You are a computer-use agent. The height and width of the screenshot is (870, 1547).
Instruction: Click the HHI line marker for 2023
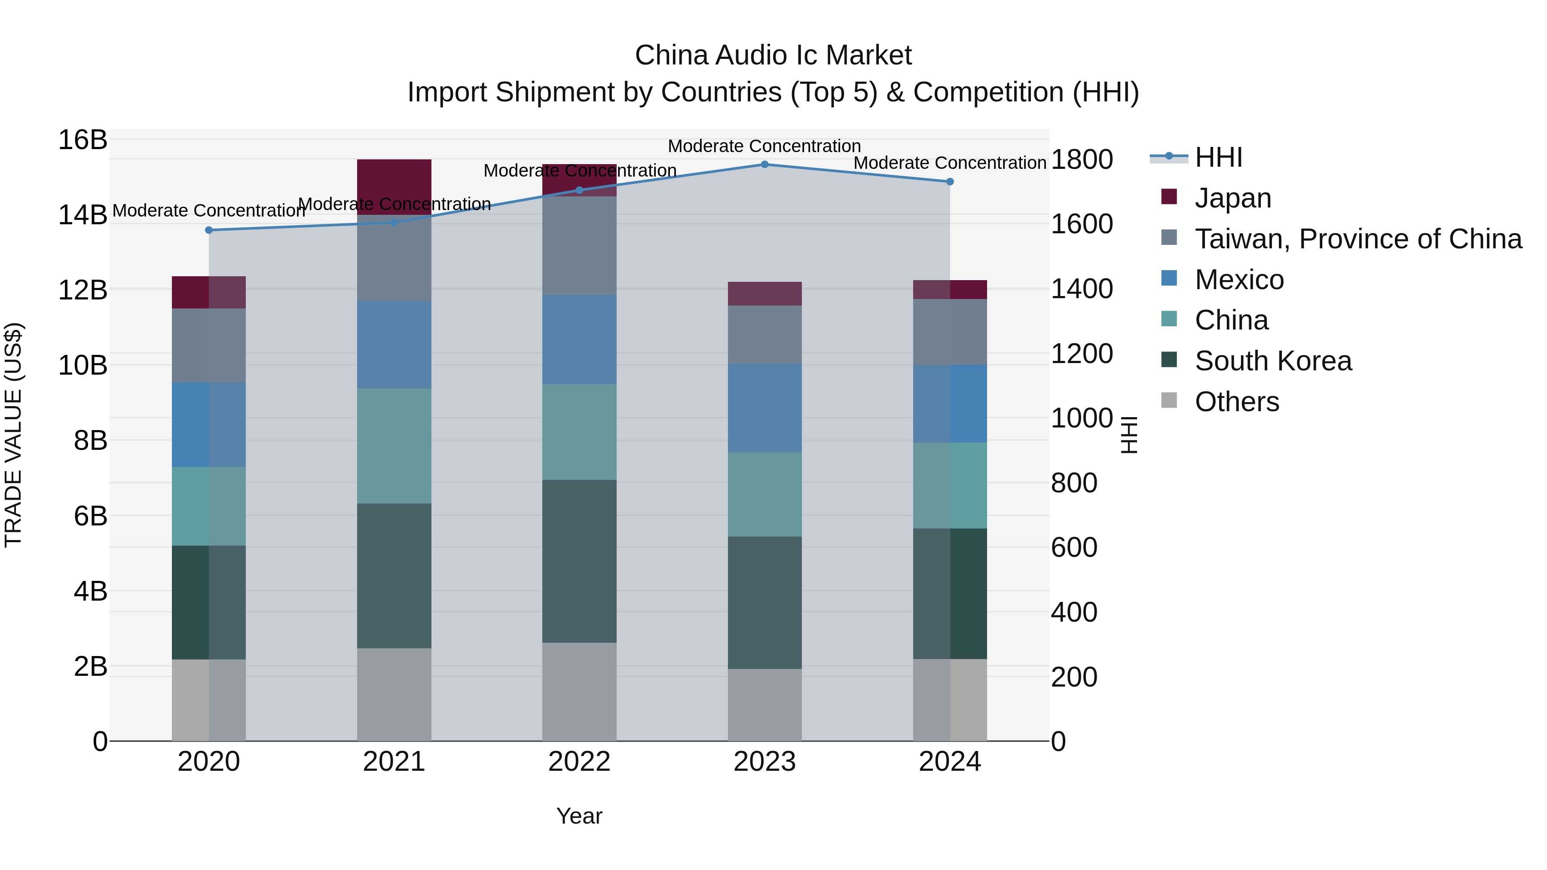coord(764,164)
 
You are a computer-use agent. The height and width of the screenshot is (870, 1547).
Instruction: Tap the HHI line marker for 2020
coord(209,230)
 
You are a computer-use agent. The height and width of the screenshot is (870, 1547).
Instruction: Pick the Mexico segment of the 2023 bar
coord(764,408)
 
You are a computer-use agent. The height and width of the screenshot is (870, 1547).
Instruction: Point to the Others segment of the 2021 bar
coord(394,694)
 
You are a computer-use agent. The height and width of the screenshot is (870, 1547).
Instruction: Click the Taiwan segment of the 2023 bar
coord(764,334)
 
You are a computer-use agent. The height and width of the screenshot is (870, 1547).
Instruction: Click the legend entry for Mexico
coord(1239,280)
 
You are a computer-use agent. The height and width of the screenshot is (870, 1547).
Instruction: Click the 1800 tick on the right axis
coord(1082,160)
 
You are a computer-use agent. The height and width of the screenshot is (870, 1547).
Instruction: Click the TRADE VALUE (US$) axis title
coord(13,435)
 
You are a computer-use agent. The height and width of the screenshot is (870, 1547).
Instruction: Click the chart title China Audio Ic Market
coord(773,55)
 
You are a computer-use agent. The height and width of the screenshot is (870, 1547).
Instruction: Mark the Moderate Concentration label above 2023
coord(764,146)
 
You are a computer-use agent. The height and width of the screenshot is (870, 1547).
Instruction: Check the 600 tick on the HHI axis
coord(1074,548)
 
